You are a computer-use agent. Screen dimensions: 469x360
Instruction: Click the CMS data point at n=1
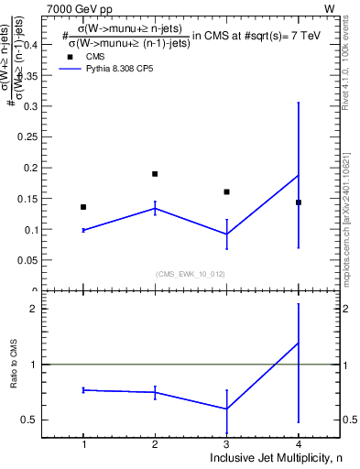[x=83, y=207]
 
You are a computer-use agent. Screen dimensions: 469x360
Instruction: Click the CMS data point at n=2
[x=155, y=174]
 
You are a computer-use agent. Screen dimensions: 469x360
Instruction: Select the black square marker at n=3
[x=226, y=191]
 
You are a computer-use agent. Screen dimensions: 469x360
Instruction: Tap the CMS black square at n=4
[x=299, y=202]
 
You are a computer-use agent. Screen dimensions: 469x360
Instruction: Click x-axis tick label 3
[x=226, y=444]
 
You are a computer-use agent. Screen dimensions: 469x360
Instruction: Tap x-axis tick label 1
[x=83, y=444]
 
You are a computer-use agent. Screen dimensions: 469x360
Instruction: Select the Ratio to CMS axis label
[x=14, y=380]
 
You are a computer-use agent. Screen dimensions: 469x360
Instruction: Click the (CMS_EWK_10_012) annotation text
[x=190, y=274]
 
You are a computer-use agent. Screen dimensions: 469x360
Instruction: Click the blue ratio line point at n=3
[x=226, y=409]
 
